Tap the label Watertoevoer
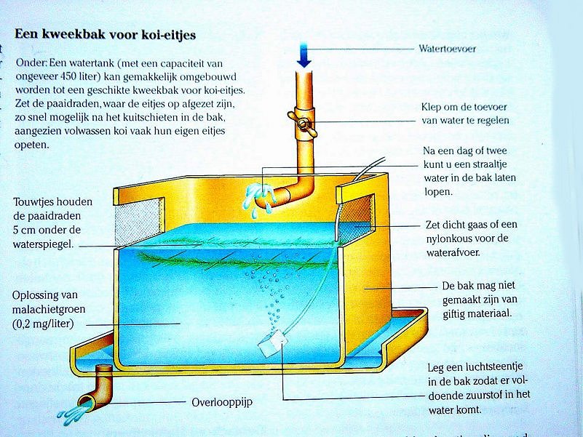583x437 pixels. pyautogui.click(x=447, y=49)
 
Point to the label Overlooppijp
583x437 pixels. pyautogui.click(x=218, y=401)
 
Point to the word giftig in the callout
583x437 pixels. pyautogui.click(x=459, y=313)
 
